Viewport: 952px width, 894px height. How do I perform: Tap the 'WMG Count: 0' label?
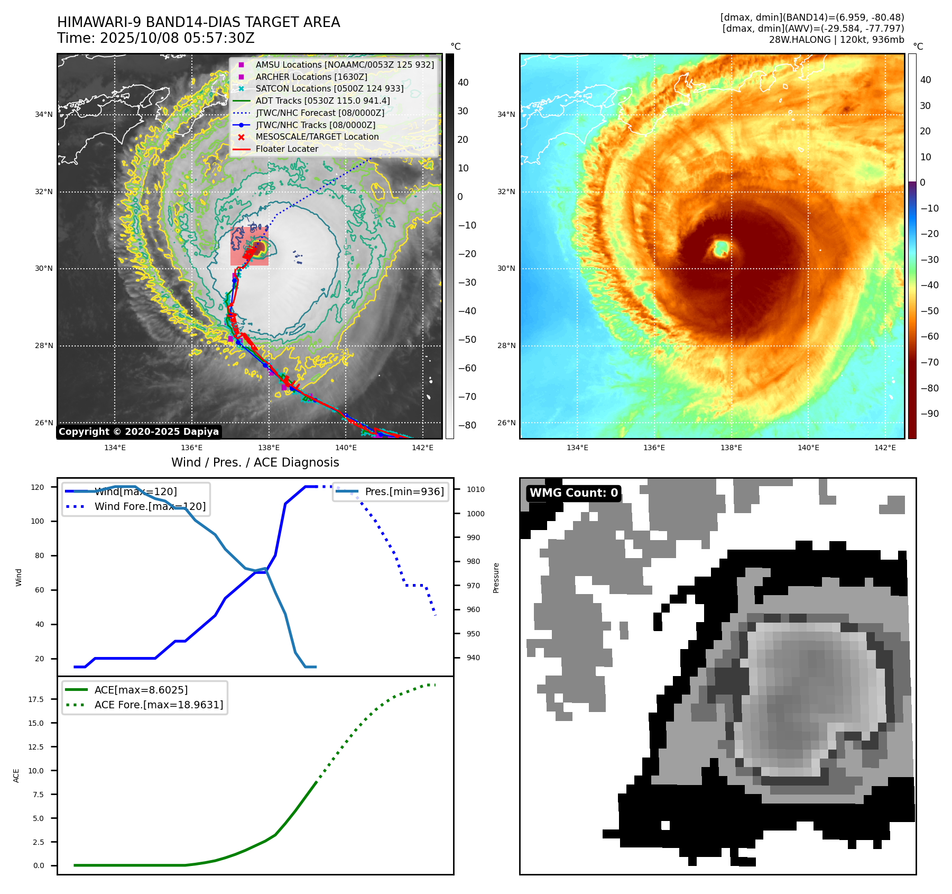click(574, 493)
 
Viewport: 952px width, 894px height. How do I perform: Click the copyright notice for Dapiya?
click(138, 432)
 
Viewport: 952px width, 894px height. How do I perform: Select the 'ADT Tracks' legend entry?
click(322, 101)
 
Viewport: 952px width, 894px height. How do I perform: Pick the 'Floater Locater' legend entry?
click(286, 149)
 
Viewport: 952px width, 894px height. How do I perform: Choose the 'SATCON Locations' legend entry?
click(329, 89)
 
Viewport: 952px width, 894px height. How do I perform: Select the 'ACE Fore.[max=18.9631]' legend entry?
click(159, 705)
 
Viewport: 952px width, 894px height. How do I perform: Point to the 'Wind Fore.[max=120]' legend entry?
click(150, 506)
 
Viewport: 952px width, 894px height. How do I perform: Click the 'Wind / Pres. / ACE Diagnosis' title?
click(255, 462)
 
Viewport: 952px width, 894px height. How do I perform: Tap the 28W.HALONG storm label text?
click(836, 40)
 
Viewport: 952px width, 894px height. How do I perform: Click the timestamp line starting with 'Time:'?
click(156, 39)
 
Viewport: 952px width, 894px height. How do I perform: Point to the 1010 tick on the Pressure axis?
click(475, 489)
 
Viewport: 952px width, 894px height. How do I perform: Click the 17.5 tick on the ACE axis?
click(36, 699)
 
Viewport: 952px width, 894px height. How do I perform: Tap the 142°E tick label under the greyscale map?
click(422, 448)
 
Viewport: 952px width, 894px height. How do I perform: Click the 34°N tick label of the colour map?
click(506, 114)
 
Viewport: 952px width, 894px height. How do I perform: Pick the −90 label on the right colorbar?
click(929, 414)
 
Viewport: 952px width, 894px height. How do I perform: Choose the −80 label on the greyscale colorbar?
click(467, 425)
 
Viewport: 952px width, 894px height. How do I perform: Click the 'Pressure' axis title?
click(496, 578)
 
